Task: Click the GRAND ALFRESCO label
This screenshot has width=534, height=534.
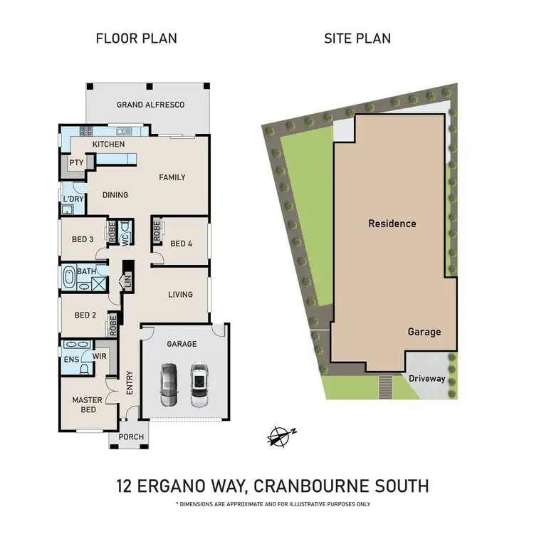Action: tap(150, 105)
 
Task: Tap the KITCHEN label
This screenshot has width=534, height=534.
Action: tap(108, 145)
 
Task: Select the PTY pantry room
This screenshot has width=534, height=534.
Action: tap(75, 163)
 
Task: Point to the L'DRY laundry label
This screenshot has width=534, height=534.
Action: tap(73, 199)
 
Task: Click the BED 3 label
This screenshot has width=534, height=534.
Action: tap(83, 239)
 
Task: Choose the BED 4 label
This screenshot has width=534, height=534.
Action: tap(181, 244)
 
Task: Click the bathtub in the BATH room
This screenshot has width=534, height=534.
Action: tap(69, 277)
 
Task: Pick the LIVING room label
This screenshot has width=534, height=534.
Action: tap(180, 295)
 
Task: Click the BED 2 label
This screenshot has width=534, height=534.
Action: tap(85, 315)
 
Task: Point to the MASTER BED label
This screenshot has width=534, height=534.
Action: tap(87, 404)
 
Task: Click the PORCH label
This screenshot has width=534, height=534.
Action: tap(131, 437)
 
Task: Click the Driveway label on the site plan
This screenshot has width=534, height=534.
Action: tap(427, 379)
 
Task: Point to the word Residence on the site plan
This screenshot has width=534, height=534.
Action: tap(392, 224)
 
